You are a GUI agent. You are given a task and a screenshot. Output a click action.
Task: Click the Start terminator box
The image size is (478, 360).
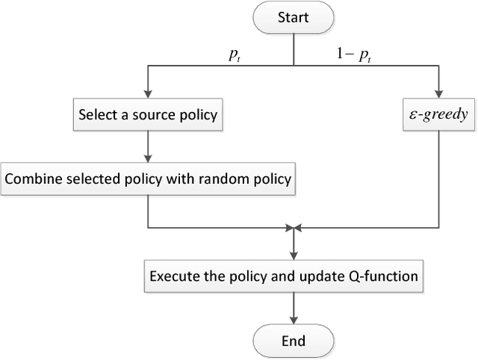coord(293,17)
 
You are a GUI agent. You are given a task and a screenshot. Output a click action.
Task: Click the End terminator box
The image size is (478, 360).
coord(293,341)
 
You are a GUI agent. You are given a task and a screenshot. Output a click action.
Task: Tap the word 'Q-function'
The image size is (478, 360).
coord(391,277)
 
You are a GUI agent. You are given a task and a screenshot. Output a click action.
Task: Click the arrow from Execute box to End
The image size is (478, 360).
coord(293,308)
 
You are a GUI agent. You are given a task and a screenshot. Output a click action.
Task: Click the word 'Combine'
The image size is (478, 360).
coord(30,179)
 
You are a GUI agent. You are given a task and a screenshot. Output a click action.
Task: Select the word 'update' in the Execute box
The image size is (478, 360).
coord(329,277)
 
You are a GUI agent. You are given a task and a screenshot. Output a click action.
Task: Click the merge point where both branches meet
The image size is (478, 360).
coord(293,226)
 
